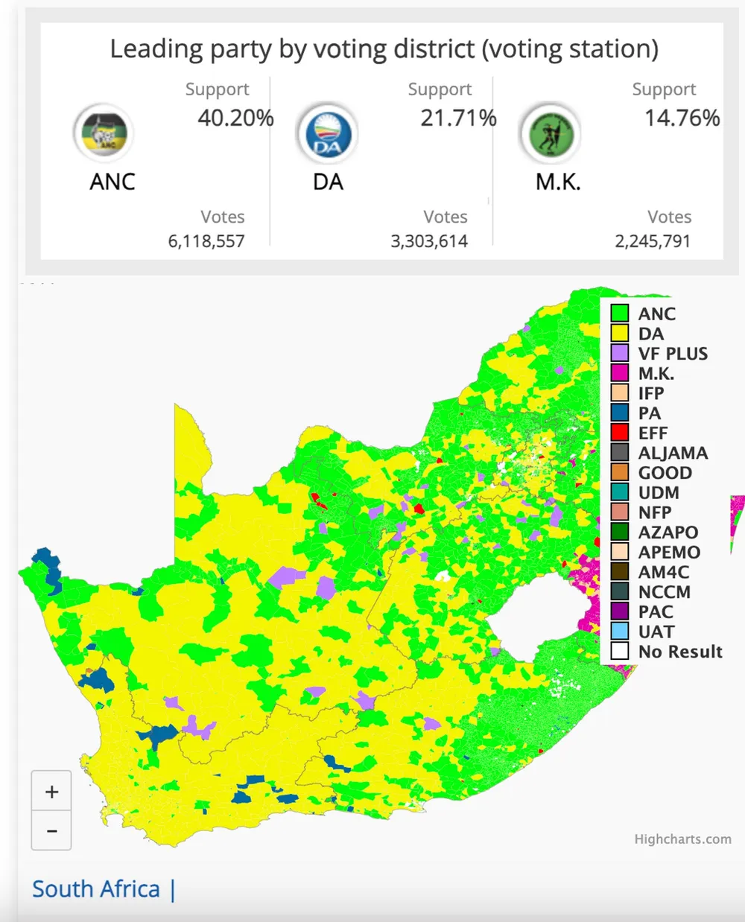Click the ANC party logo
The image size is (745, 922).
click(104, 134)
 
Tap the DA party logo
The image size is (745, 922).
click(327, 134)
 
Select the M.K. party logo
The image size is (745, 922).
click(551, 134)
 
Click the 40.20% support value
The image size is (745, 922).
click(235, 118)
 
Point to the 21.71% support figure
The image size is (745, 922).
click(458, 118)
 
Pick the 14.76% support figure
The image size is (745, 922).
click(682, 118)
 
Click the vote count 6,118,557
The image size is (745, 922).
click(206, 241)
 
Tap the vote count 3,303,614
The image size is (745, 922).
click(429, 241)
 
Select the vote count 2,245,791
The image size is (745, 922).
click(653, 241)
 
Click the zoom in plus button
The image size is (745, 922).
click(51, 792)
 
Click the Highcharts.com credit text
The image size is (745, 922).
click(682, 839)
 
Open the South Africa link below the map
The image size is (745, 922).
click(96, 889)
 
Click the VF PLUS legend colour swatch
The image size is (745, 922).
click(620, 353)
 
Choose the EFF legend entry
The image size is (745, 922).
click(653, 433)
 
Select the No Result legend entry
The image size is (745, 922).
click(679, 652)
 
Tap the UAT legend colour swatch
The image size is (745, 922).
click(620, 632)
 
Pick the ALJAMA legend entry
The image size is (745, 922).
click(672, 453)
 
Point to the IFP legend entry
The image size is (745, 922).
click(650, 393)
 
